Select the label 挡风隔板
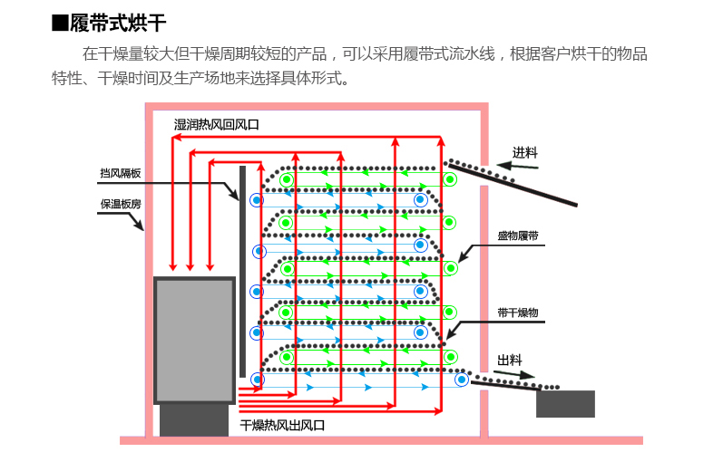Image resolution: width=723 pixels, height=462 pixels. click(120, 173)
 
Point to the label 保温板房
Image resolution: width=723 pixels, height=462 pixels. click(120, 205)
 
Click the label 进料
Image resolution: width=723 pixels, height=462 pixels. click(524, 152)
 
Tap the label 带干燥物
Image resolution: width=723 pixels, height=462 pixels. click(517, 313)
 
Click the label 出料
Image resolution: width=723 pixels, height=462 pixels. click(509, 361)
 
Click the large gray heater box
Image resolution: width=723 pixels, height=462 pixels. click(195, 340)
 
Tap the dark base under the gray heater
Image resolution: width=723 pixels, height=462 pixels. click(193, 419)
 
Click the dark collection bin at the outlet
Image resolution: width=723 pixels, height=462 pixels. click(564, 404)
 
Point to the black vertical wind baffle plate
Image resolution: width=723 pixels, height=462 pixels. click(242, 272)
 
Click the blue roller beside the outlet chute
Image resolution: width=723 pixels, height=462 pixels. click(462, 380)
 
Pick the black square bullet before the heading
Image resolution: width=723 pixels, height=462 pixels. click(60, 23)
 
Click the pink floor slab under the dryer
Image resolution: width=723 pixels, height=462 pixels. click(381, 440)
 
